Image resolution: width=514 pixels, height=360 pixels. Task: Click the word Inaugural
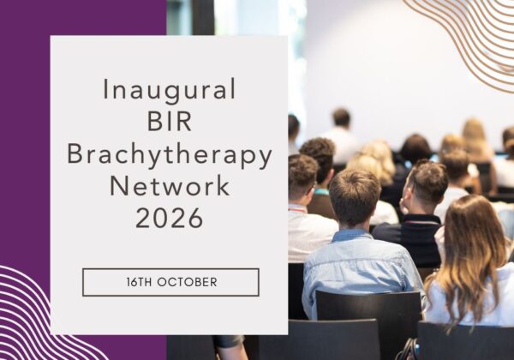pyautogui.click(x=169, y=89)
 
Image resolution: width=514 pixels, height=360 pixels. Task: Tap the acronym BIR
pyautogui.click(x=169, y=122)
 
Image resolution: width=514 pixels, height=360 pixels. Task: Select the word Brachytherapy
pyautogui.click(x=170, y=155)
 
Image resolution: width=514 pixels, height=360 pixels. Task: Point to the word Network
pyautogui.click(x=170, y=186)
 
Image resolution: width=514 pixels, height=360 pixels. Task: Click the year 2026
pyautogui.click(x=169, y=218)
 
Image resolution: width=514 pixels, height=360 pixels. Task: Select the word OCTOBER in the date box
pyautogui.click(x=187, y=282)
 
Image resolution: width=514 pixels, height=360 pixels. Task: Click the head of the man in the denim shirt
pyautogui.click(x=355, y=197)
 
